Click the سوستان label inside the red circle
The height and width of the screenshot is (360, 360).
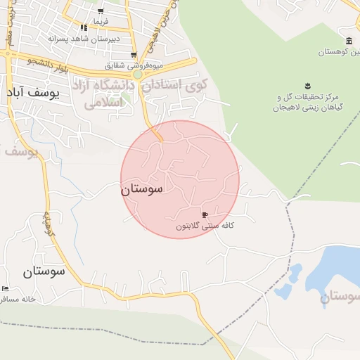tap(141, 189)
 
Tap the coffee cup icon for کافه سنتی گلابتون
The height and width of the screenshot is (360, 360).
tap(205, 214)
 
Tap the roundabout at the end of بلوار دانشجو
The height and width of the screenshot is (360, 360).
tap(138, 73)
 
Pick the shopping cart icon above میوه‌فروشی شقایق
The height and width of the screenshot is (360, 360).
tap(133, 55)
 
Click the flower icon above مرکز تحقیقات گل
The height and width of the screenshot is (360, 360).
tap(307, 86)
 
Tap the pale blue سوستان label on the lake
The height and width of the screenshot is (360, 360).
tap(341, 297)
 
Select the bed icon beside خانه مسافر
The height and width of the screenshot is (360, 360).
tap(6, 289)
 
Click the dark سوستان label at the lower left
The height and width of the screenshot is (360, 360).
tap(43, 270)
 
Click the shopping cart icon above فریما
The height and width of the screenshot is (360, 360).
tap(101, 11)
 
